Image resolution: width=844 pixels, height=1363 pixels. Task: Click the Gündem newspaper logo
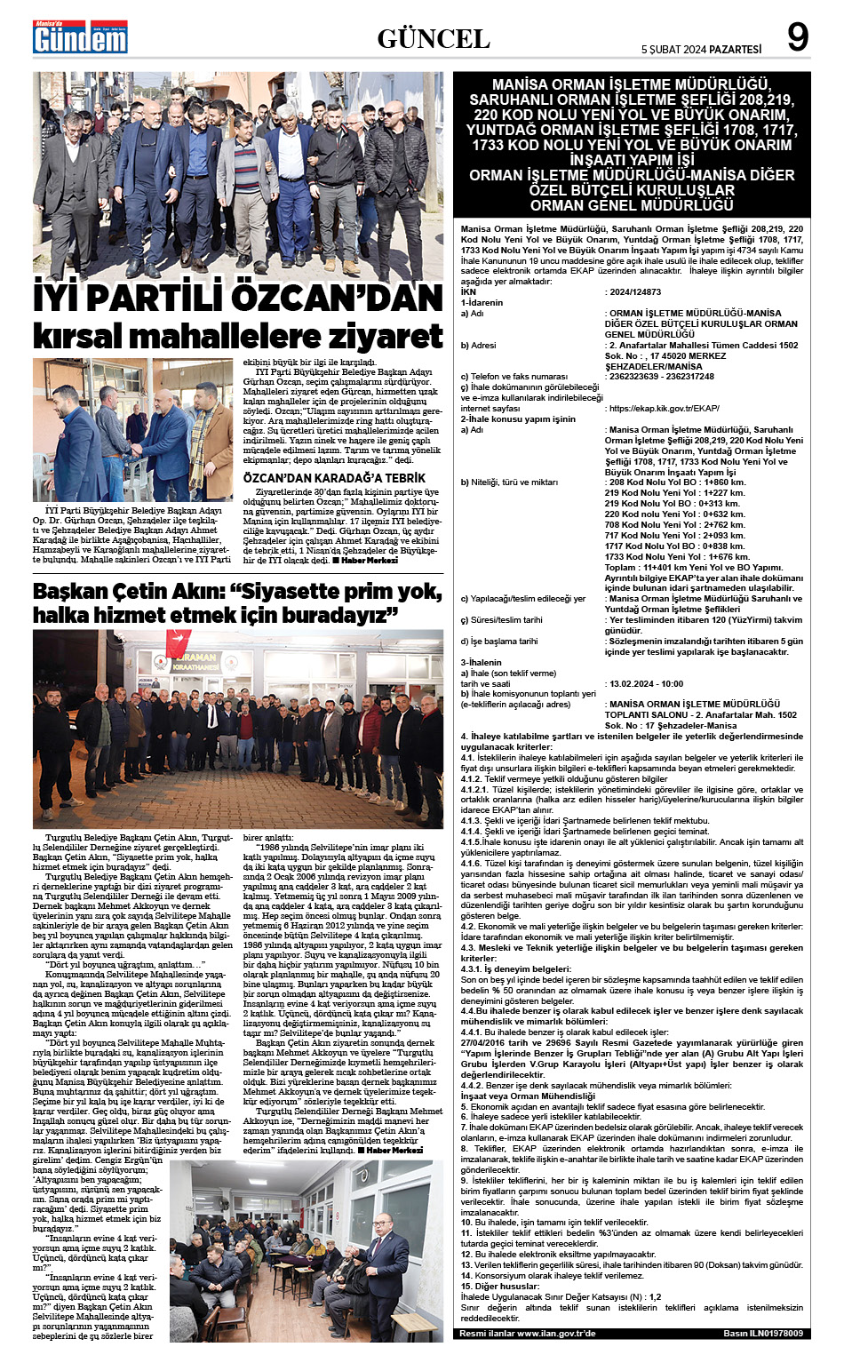[80, 37]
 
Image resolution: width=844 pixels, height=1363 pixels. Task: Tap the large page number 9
[797, 38]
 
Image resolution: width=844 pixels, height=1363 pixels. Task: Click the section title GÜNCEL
[434, 38]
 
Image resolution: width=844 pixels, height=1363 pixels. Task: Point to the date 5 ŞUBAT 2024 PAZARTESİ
[701, 49]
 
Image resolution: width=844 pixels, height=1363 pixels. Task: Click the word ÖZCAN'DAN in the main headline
[341, 298]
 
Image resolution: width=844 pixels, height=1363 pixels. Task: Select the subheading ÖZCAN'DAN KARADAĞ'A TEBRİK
[334, 478]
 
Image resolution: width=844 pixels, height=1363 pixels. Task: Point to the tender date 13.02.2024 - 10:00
[646, 683]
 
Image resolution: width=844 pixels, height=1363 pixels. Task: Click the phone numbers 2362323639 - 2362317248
[661, 376]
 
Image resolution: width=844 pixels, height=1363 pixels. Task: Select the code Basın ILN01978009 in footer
[762, 1333]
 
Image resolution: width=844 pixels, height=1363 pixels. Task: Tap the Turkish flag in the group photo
[179, 642]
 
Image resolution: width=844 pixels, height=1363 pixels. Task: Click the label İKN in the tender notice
[468, 291]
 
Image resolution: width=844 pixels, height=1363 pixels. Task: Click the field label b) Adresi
[479, 345]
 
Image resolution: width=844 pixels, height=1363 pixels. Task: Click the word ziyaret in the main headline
[386, 337]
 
